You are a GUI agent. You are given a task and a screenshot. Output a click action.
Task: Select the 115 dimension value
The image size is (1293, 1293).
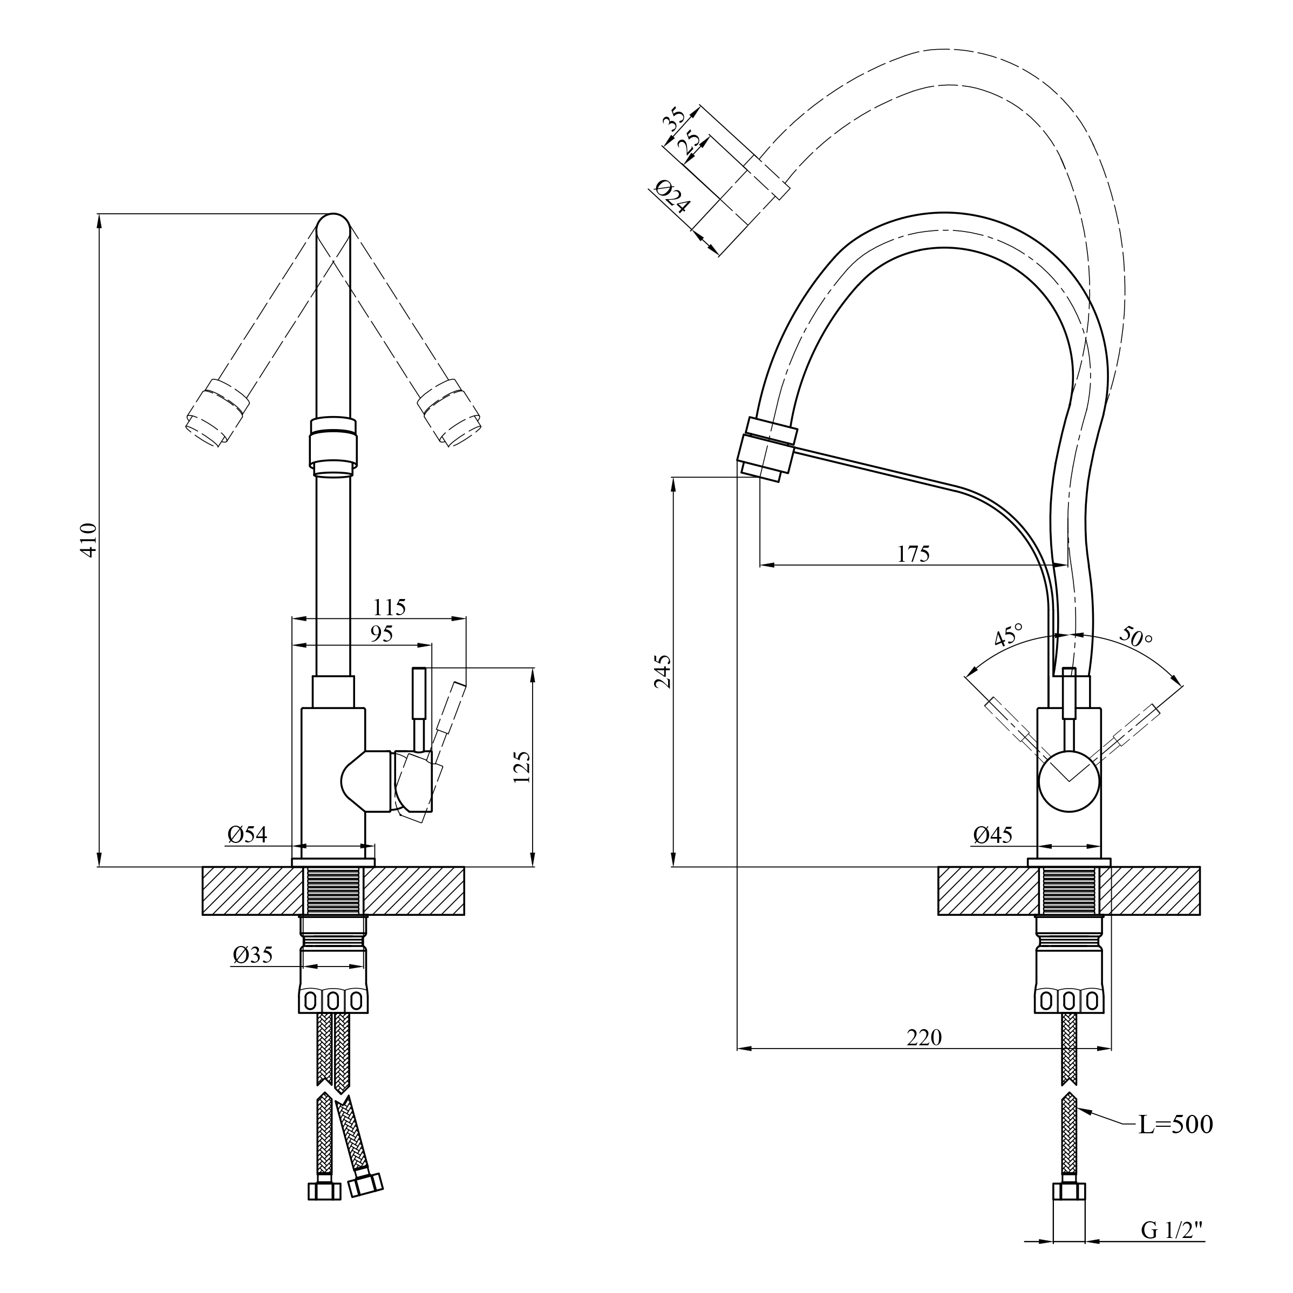pyautogui.click(x=390, y=607)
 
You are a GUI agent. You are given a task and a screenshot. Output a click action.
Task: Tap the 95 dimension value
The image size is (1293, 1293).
pyautogui.click(x=382, y=634)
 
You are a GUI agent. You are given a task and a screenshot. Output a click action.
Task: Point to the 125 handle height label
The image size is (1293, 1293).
pyautogui.click(x=521, y=767)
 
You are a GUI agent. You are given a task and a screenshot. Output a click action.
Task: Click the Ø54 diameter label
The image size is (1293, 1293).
pyautogui.click(x=247, y=834)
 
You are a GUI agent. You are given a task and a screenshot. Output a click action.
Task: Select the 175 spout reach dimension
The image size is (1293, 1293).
pyautogui.click(x=914, y=554)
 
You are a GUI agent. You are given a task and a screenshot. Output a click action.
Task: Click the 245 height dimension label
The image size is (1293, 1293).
pyautogui.click(x=663, y=672)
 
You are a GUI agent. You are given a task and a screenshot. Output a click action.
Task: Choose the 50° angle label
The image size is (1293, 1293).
pyautogui.click(x=1136, y=636)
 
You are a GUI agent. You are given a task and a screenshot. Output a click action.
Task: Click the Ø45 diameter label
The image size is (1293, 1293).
pyautogui.click(x=993, y=834)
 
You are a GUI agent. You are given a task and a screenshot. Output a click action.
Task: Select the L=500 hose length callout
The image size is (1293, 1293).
pyautogui.click(x=1175, y=1126)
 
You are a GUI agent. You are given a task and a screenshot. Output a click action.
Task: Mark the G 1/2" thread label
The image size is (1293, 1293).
pyautogui.click(x=1171, y=1230)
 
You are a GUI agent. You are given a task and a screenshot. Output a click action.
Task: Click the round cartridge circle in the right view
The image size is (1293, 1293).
pyautogui.click(x=1069, y=781)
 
